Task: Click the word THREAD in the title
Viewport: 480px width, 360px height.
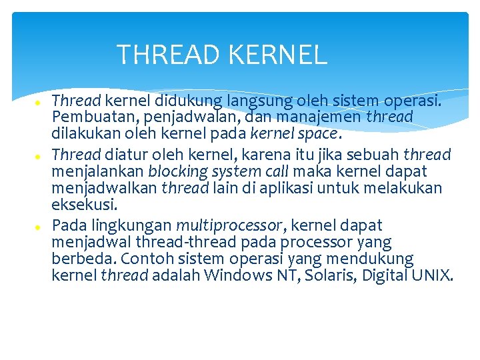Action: [169, 55]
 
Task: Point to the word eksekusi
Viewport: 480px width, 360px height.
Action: [83, 205]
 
